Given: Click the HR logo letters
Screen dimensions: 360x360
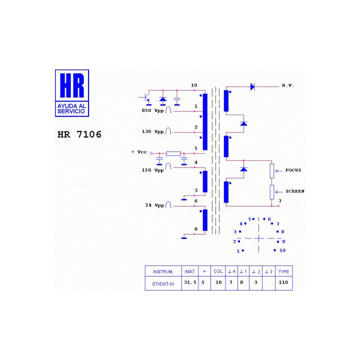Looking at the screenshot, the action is tap(72, 85).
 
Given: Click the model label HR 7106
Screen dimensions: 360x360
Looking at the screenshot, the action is tap(79, 134).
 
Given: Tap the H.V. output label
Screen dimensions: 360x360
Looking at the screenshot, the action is tap(288, 85).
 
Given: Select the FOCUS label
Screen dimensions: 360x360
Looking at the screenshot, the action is tap(293, 170).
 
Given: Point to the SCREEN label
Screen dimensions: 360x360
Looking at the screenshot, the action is tap(295, 191).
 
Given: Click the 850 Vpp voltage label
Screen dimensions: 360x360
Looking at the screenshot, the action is tap(152, 110).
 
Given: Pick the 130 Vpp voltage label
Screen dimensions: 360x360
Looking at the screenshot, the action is tap(152, 132).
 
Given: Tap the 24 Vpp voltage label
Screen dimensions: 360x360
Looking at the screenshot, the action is tap(154, 205).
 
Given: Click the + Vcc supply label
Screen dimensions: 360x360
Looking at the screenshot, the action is tap(139, 152).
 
